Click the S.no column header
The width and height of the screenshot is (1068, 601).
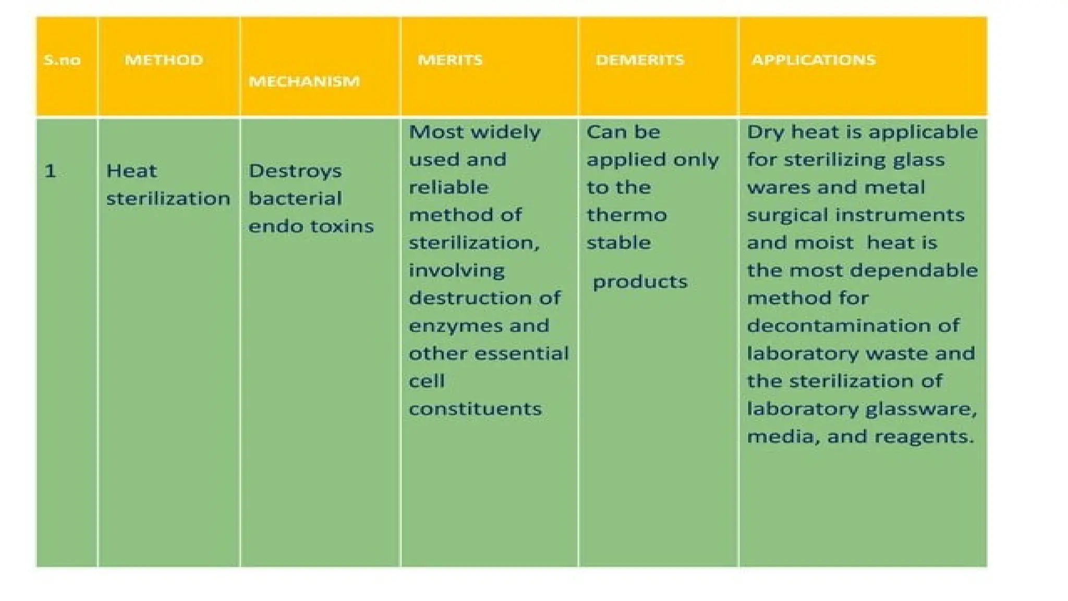62,60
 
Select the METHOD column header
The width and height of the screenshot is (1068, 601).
163,60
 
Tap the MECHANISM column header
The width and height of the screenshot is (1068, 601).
304,81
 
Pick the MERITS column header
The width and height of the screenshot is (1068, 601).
450,60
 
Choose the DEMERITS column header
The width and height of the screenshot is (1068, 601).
639,60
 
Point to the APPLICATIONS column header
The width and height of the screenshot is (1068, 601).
813,60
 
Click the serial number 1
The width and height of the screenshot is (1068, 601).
50,171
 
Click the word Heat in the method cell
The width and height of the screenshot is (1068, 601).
131,171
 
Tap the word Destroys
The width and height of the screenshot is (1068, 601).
295,171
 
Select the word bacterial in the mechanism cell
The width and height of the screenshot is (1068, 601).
295,199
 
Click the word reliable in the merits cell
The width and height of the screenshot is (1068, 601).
448,187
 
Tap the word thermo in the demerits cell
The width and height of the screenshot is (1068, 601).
626,215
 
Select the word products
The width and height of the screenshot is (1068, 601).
640,282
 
